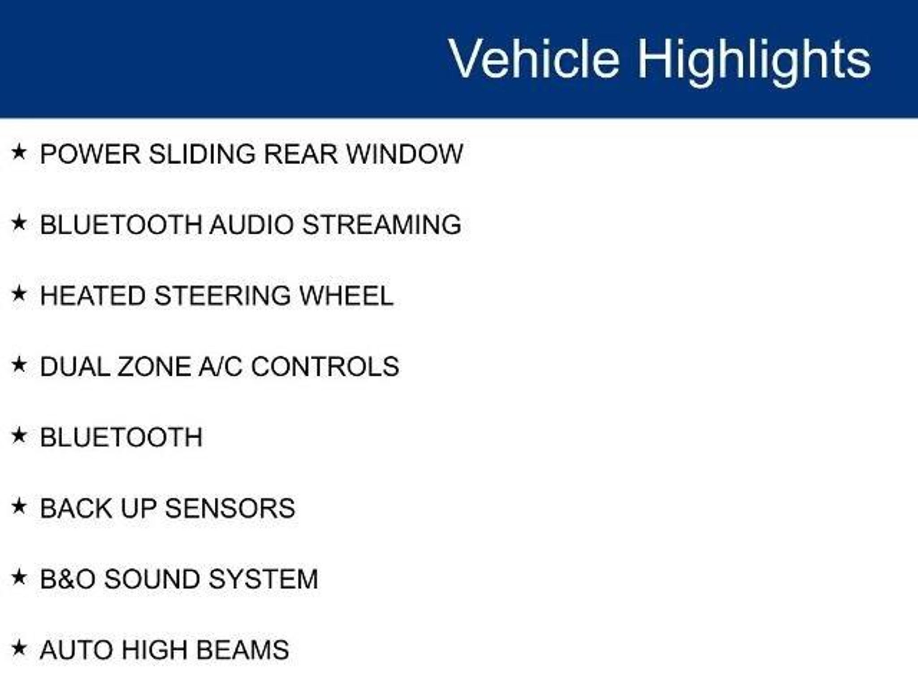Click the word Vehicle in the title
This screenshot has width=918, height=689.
pyautogui.click(x=534, y=58)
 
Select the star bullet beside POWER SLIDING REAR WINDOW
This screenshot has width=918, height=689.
pyautogui.click(x=19, y=152)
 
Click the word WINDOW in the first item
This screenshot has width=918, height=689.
pyautogui.click(x=404, y=154)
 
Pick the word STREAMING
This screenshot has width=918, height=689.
pyautogui.click(x=381, y=224)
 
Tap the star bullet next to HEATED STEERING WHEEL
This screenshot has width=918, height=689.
pyautogui.click(x=19, y=294)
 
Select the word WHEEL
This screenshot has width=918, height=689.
pyautogui.click(x=346, y=296)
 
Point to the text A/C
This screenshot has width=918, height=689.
pyautogui.click(x=220, y=366)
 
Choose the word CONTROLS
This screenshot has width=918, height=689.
pyautogui.click(x=325, y=366)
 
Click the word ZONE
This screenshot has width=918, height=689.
pyautogui.click(x=154, y=366)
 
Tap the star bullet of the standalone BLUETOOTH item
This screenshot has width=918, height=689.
pyautogui.click(x=19, y=436)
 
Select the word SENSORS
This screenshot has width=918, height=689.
pyautogui.click(x=230, y=508)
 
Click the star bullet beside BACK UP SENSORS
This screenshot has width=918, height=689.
pyautogui.click(x=19, y=506)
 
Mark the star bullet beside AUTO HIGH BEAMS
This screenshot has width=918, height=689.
pyautogui.click(x=19, y=648)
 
